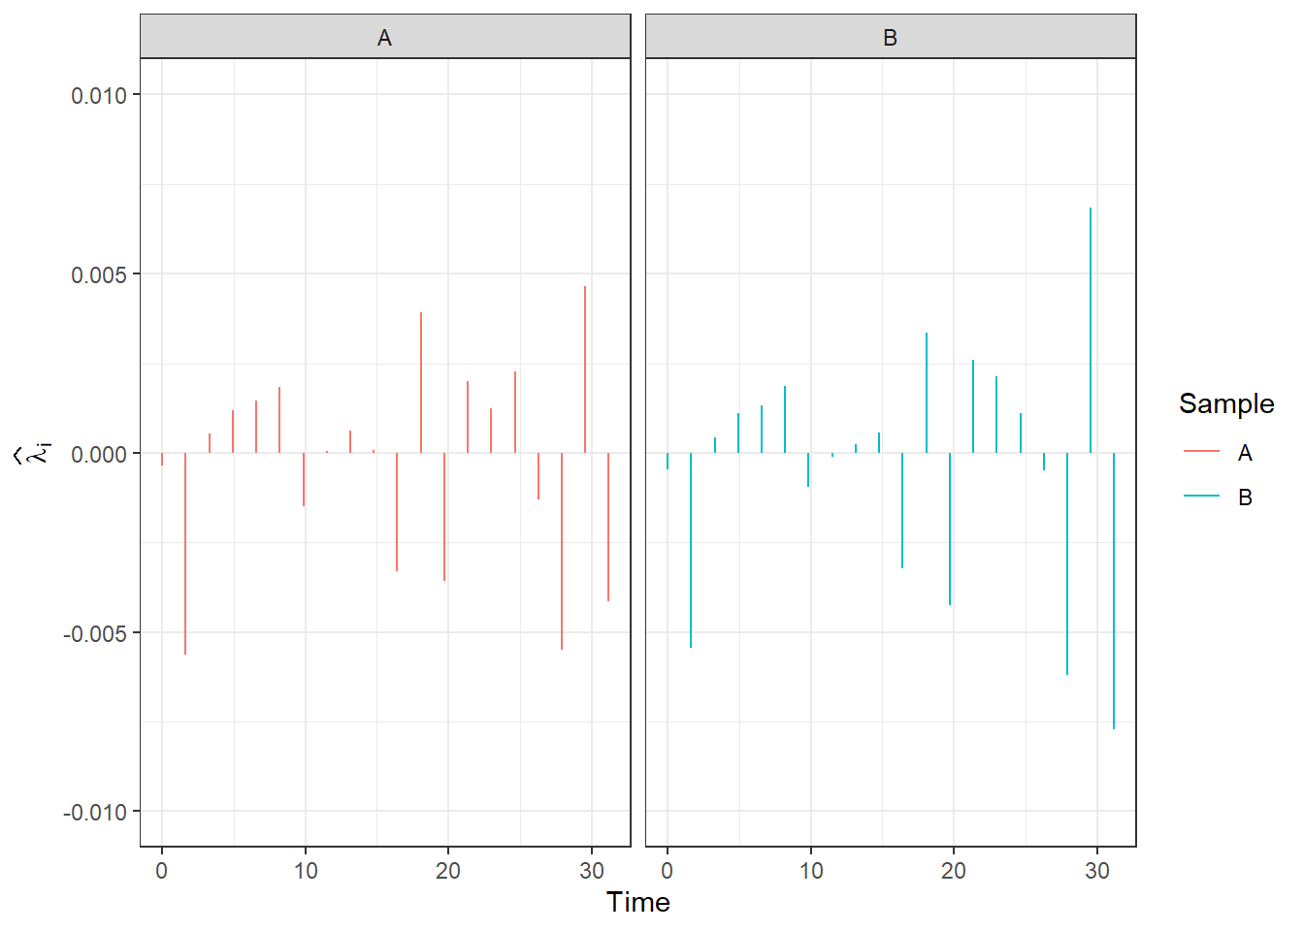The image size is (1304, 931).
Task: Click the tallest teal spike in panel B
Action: pos(1091,330)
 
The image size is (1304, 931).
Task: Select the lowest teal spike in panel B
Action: pos(1114,592)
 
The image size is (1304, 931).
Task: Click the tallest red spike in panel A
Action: pos(585,369)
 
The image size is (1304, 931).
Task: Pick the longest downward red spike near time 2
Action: pos(185,553)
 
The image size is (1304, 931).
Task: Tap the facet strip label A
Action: pos(385,38)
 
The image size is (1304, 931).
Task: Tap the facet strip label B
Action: pos(890,38)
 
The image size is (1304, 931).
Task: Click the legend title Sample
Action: pos(1226,403)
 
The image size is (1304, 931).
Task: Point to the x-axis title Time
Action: pos(637,902)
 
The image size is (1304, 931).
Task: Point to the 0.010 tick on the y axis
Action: pos(99,95)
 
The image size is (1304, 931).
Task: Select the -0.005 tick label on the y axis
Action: pos(95,633)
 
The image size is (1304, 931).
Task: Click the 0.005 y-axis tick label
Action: pos(99,274)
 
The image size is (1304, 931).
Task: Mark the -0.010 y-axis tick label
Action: pos(95,812)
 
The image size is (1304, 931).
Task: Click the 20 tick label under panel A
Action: pos(448,871)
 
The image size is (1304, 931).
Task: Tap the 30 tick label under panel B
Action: pos(1097,871)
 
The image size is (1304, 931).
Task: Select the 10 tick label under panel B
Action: pos(811,871)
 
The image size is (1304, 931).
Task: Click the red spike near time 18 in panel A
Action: pos(421,382)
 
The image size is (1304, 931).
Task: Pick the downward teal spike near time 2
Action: pos(691,550)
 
